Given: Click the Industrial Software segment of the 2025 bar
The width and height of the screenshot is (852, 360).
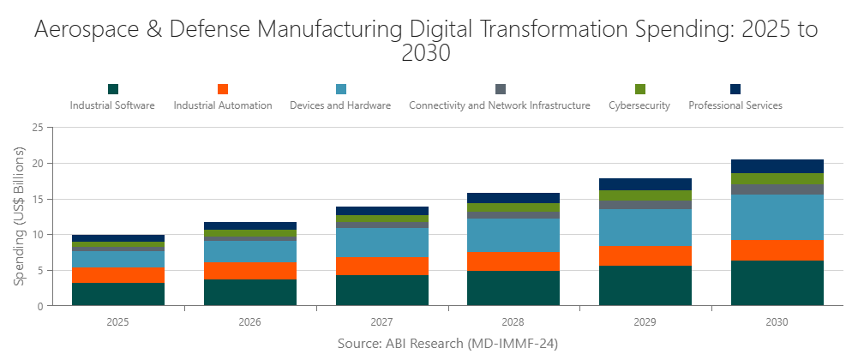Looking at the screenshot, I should click(x=118, y=294).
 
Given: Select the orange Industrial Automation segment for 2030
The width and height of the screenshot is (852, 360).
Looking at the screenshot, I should click(x=777, y=250).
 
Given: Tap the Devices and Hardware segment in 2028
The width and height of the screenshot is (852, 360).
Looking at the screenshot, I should click(x=513, y=235).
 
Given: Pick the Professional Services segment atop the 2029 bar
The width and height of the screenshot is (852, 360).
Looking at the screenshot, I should click(x=645, y=184).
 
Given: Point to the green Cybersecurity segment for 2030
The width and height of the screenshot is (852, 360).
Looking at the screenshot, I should click(x=777, y=178).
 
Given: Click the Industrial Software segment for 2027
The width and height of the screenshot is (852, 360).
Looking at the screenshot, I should click(x=381, y=290).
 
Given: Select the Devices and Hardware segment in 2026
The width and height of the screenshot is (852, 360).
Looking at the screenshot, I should click(x=249, y=251).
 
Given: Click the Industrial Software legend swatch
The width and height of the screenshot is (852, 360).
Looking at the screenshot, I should click(x=112, y=89).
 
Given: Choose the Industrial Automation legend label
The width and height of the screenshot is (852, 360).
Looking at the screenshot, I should click(x=223, y=106).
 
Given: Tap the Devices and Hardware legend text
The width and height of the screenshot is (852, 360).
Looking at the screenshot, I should click(x=340, y=106).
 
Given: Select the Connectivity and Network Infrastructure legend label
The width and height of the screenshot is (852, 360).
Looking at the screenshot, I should click(x=500, y=106).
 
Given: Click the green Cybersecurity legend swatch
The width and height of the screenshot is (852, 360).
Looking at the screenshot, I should click(x=640, y=89).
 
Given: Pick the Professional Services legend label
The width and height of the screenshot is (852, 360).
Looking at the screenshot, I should click(x=735, y=106).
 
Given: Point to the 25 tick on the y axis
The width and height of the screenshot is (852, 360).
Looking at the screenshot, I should click(x=37, y=128).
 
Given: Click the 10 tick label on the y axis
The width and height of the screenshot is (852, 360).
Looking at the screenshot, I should click(x=37, y=235).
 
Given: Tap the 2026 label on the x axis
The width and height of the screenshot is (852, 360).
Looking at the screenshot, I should click(x=249, y=322).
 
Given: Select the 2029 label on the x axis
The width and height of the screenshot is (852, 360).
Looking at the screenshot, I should click(x=645, y=322).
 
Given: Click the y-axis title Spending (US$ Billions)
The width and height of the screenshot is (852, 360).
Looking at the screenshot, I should click(x=18, y=216).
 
